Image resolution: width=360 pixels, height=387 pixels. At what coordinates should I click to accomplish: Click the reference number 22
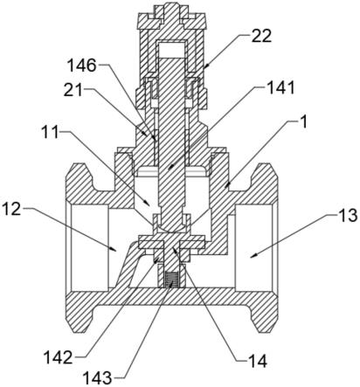coord(261,36)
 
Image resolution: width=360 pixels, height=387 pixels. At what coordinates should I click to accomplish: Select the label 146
coord(81,66)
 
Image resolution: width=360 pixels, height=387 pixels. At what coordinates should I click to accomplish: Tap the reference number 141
coord(280,87)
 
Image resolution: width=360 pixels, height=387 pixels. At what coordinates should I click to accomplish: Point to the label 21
coord(73,92)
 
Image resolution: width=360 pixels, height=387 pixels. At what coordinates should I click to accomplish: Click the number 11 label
coord(50,133)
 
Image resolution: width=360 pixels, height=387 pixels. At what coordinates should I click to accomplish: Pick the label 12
coord(11,209)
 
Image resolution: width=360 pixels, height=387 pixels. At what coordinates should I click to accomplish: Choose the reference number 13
coord(347,216)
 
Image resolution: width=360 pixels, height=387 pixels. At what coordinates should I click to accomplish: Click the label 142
coord(58,357)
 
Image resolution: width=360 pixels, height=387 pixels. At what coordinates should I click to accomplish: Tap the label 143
coord(98,378)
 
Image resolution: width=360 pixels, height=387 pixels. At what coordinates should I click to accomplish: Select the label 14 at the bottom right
coord(257,361)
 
